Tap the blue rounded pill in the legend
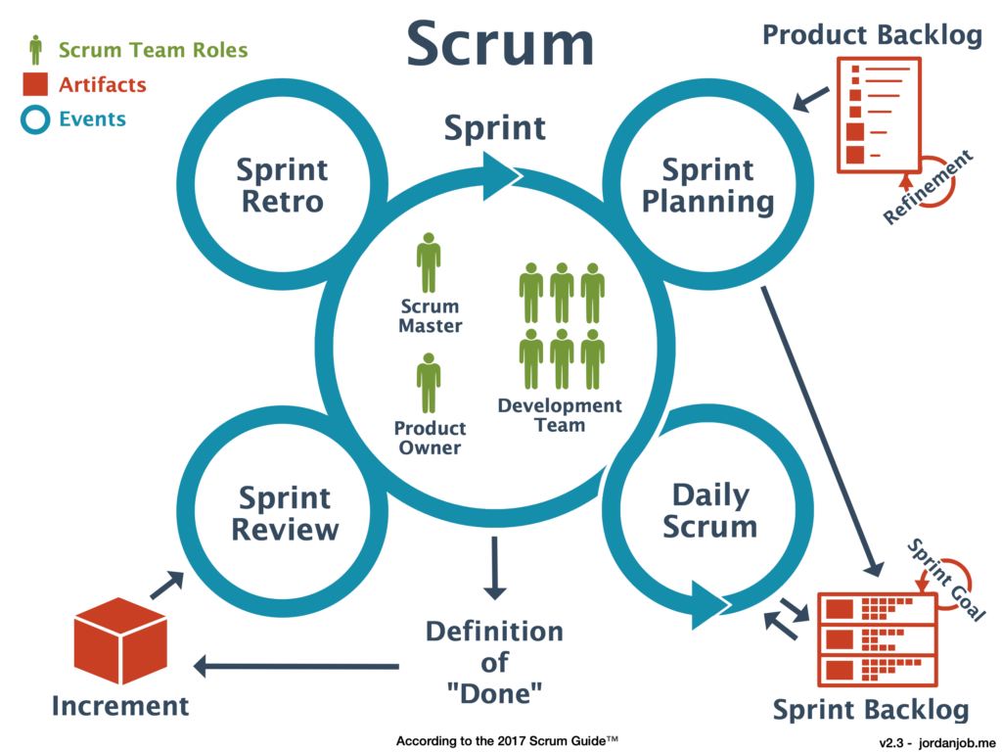pos(72,120)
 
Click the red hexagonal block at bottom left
pos(137,646)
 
